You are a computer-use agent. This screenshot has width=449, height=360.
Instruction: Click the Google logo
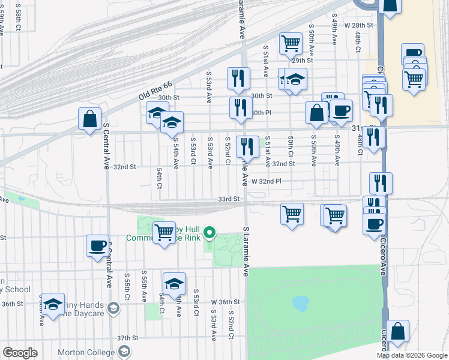(19, 352)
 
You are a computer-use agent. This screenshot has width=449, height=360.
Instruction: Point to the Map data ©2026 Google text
(411, 355)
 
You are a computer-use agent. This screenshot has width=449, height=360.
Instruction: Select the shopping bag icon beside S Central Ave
(89, 119)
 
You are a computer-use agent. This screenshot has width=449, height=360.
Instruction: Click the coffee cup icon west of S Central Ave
(97, 245)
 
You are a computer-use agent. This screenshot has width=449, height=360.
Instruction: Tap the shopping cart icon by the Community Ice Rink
(163, 232)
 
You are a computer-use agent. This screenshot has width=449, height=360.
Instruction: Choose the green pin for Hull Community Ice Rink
(209, 232)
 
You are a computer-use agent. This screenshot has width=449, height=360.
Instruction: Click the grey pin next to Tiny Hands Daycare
(115, 308)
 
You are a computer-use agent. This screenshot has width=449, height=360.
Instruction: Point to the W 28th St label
(359, 25)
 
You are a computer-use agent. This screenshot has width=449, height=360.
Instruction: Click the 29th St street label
(303, 61)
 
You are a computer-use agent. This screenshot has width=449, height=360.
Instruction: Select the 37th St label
(128, 338)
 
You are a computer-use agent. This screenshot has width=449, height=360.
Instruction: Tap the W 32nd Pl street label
(267, 181)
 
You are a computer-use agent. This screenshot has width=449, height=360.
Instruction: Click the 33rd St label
(229, 199)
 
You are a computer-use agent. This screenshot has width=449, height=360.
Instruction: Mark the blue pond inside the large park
(300, 303)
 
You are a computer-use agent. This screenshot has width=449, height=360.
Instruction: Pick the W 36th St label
(225, 302)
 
